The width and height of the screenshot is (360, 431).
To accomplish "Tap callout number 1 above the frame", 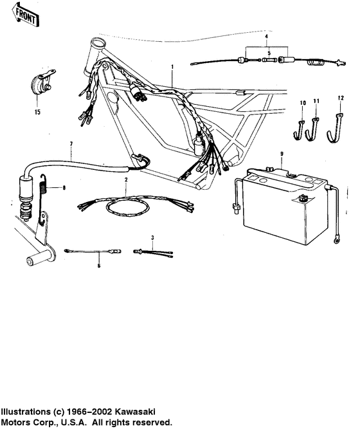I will point(173,66).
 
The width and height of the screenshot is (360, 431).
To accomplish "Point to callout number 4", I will point(267,38).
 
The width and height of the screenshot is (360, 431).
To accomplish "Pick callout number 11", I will point(316,102).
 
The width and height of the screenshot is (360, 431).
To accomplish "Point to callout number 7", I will point(71,142).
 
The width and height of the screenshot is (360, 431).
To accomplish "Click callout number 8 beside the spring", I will point(64,188).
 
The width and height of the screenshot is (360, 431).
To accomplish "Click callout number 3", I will point(152,238).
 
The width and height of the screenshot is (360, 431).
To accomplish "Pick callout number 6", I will point(99,264).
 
